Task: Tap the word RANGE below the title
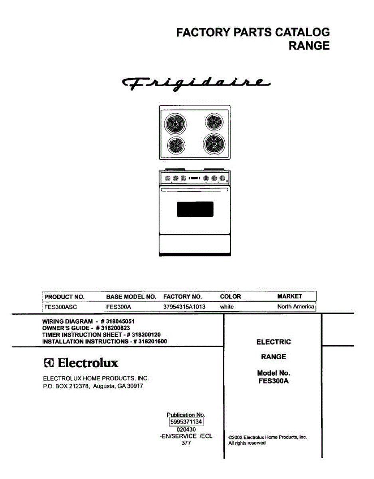[x=309, y=46]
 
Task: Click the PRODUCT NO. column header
[x=64, y=297]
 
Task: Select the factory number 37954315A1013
[x=184, y=307]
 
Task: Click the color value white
[x=227, y=307]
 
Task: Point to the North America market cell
[x=296, y=307]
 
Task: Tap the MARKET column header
[x=289, y=296]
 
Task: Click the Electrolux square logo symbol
[x=48, y=364]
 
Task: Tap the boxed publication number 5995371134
[x=186, y=422]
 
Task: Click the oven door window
[x=195, y=209]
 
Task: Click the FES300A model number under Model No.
[x=273, y=381]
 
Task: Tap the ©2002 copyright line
[x=267, y=437]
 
